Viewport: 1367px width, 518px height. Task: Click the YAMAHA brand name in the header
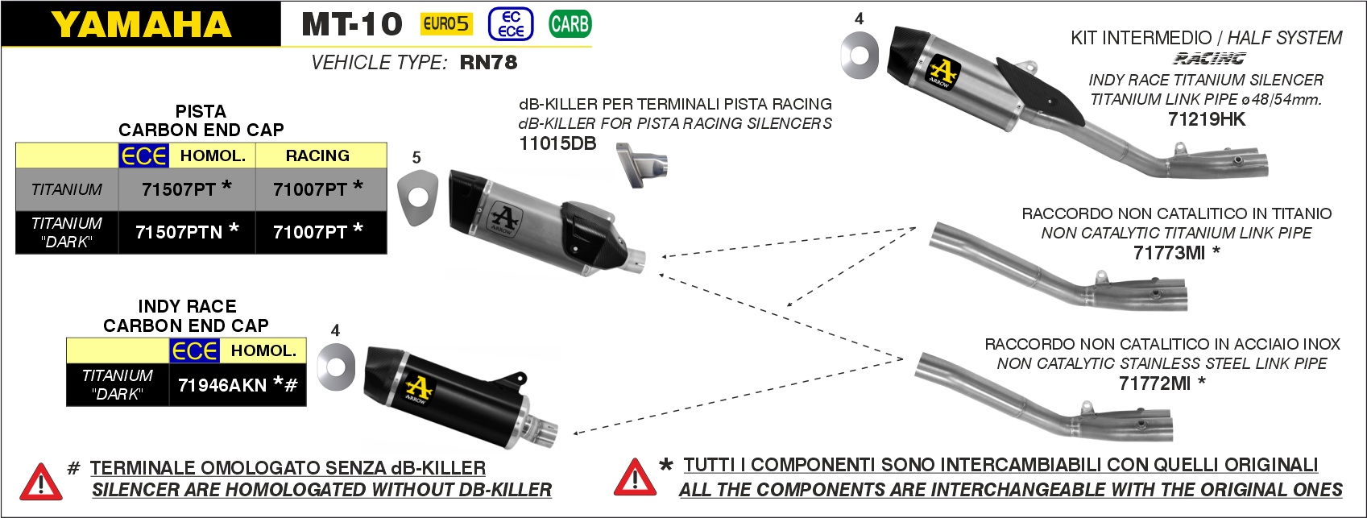[141, 24]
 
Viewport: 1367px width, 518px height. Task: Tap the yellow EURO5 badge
[446, 24]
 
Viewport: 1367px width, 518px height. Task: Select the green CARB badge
[570, 24]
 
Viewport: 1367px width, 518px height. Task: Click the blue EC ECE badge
[511, 24]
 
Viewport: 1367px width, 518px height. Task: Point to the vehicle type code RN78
[488, 62]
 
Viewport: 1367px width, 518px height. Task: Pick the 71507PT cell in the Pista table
[187, 189]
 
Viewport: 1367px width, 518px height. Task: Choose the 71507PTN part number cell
[187, 232]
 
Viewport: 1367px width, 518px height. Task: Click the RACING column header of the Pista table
[318, 155]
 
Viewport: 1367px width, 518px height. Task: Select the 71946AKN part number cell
[238, 385]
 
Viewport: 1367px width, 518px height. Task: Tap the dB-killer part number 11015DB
[557, 143]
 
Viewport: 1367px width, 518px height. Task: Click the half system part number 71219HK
[1206, 119]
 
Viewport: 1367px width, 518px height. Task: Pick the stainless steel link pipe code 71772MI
[1154, 383]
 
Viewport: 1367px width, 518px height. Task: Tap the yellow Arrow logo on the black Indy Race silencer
[419, 388]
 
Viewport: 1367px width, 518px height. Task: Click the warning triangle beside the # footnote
[41, 483]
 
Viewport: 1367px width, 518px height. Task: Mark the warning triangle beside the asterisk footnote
[636, 477]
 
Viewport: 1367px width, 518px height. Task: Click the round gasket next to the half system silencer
[860, 56]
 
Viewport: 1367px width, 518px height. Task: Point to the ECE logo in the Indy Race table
[195, 350]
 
